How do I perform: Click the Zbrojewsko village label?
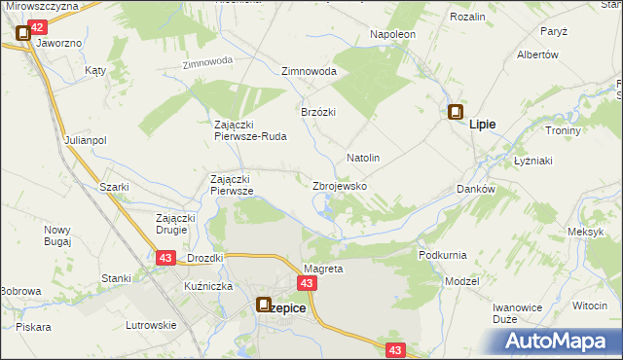[339, 185]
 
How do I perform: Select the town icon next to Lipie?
[455, 113]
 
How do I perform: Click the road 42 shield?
[36, 29]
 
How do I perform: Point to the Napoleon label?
[393, 34]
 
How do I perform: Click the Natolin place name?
[363, 158]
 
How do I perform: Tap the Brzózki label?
[318, 112]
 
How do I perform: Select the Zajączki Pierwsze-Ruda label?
[250, 130]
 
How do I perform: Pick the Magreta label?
[323, 269]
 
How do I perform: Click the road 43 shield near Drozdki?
[165, 257]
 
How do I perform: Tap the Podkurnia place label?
[442, 255]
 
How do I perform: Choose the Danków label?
[476, 190]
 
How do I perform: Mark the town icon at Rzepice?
[264, 306]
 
